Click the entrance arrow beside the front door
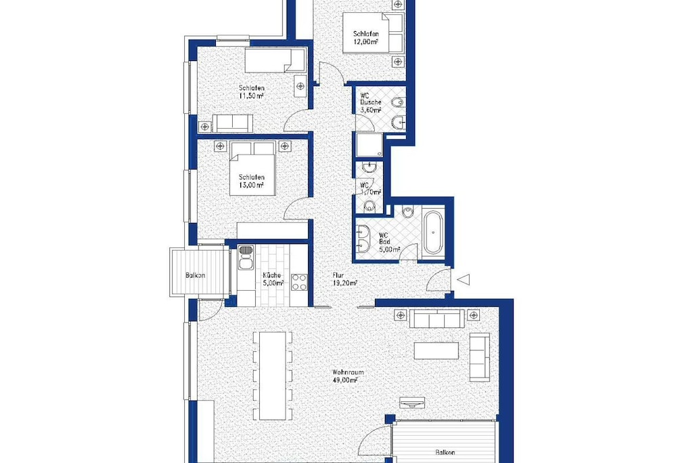[463, 280]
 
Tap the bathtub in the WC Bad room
[433, 232]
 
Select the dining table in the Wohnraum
[272, 376]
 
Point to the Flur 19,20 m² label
[344, 279]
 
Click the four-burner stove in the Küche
[298, 283]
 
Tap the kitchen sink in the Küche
[246, 258]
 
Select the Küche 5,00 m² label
[273, 279]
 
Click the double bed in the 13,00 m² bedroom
[253, 169]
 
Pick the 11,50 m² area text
[252, 95]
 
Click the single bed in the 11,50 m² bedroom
[275, 60]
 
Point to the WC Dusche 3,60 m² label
[371, 102]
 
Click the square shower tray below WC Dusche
[370, 145]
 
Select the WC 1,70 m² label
[370, 188]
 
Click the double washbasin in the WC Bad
[363, 238]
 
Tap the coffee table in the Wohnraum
[437, 350]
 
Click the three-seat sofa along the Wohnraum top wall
[437, 318]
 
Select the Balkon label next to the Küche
[196, 275]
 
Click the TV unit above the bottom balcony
[412, 403]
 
